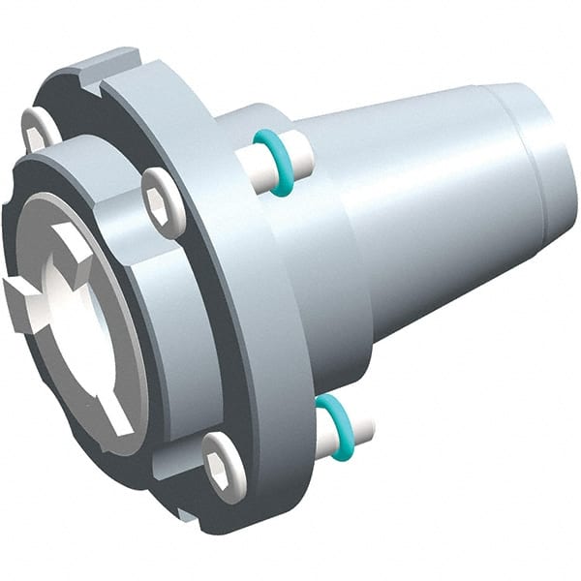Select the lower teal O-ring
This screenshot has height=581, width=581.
(x=332, y=424)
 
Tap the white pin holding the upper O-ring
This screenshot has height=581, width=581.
(x=294, y=155)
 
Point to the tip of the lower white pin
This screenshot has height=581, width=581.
(x=369, y=427)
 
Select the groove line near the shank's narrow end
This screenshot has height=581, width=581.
(x=524, y=155)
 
